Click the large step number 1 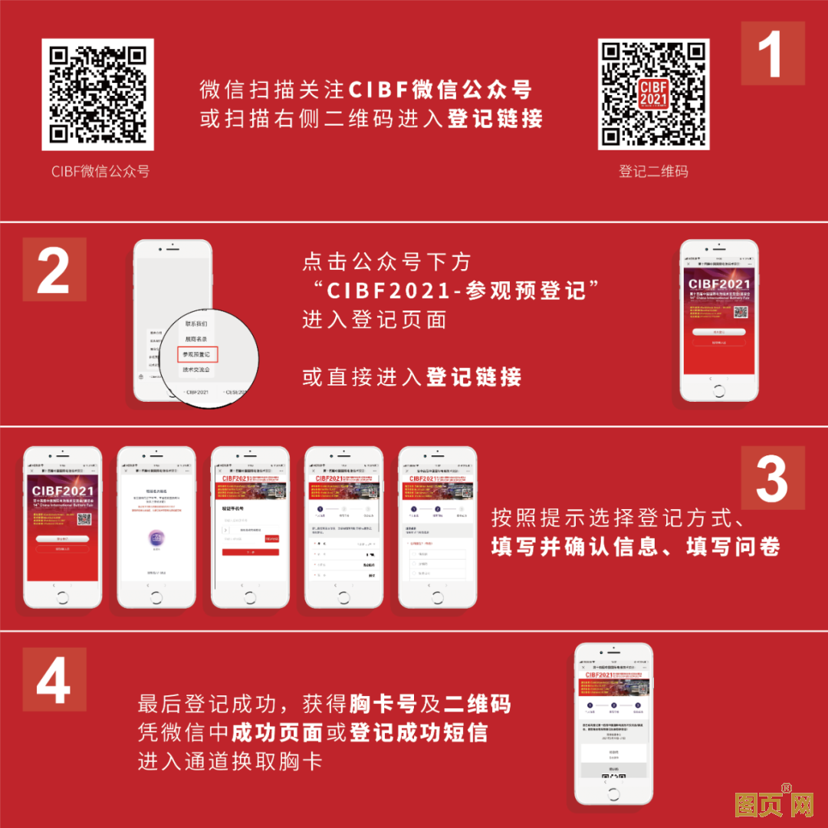(x=772, y=54)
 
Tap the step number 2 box (x=54, y=269)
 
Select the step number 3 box (x=772, y=478)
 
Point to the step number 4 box (x=54, y=678)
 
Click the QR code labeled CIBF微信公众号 (x=97, y=94)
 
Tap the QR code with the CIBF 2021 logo (x=653, y=94)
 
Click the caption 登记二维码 (x=653, y=171)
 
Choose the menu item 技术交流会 (x=196, y=370)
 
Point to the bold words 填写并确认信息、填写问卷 (x=636, y=547)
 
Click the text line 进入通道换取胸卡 (x=230, y=761)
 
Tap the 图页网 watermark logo (x=762, y=804)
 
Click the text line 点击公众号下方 (x=386, y=261)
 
